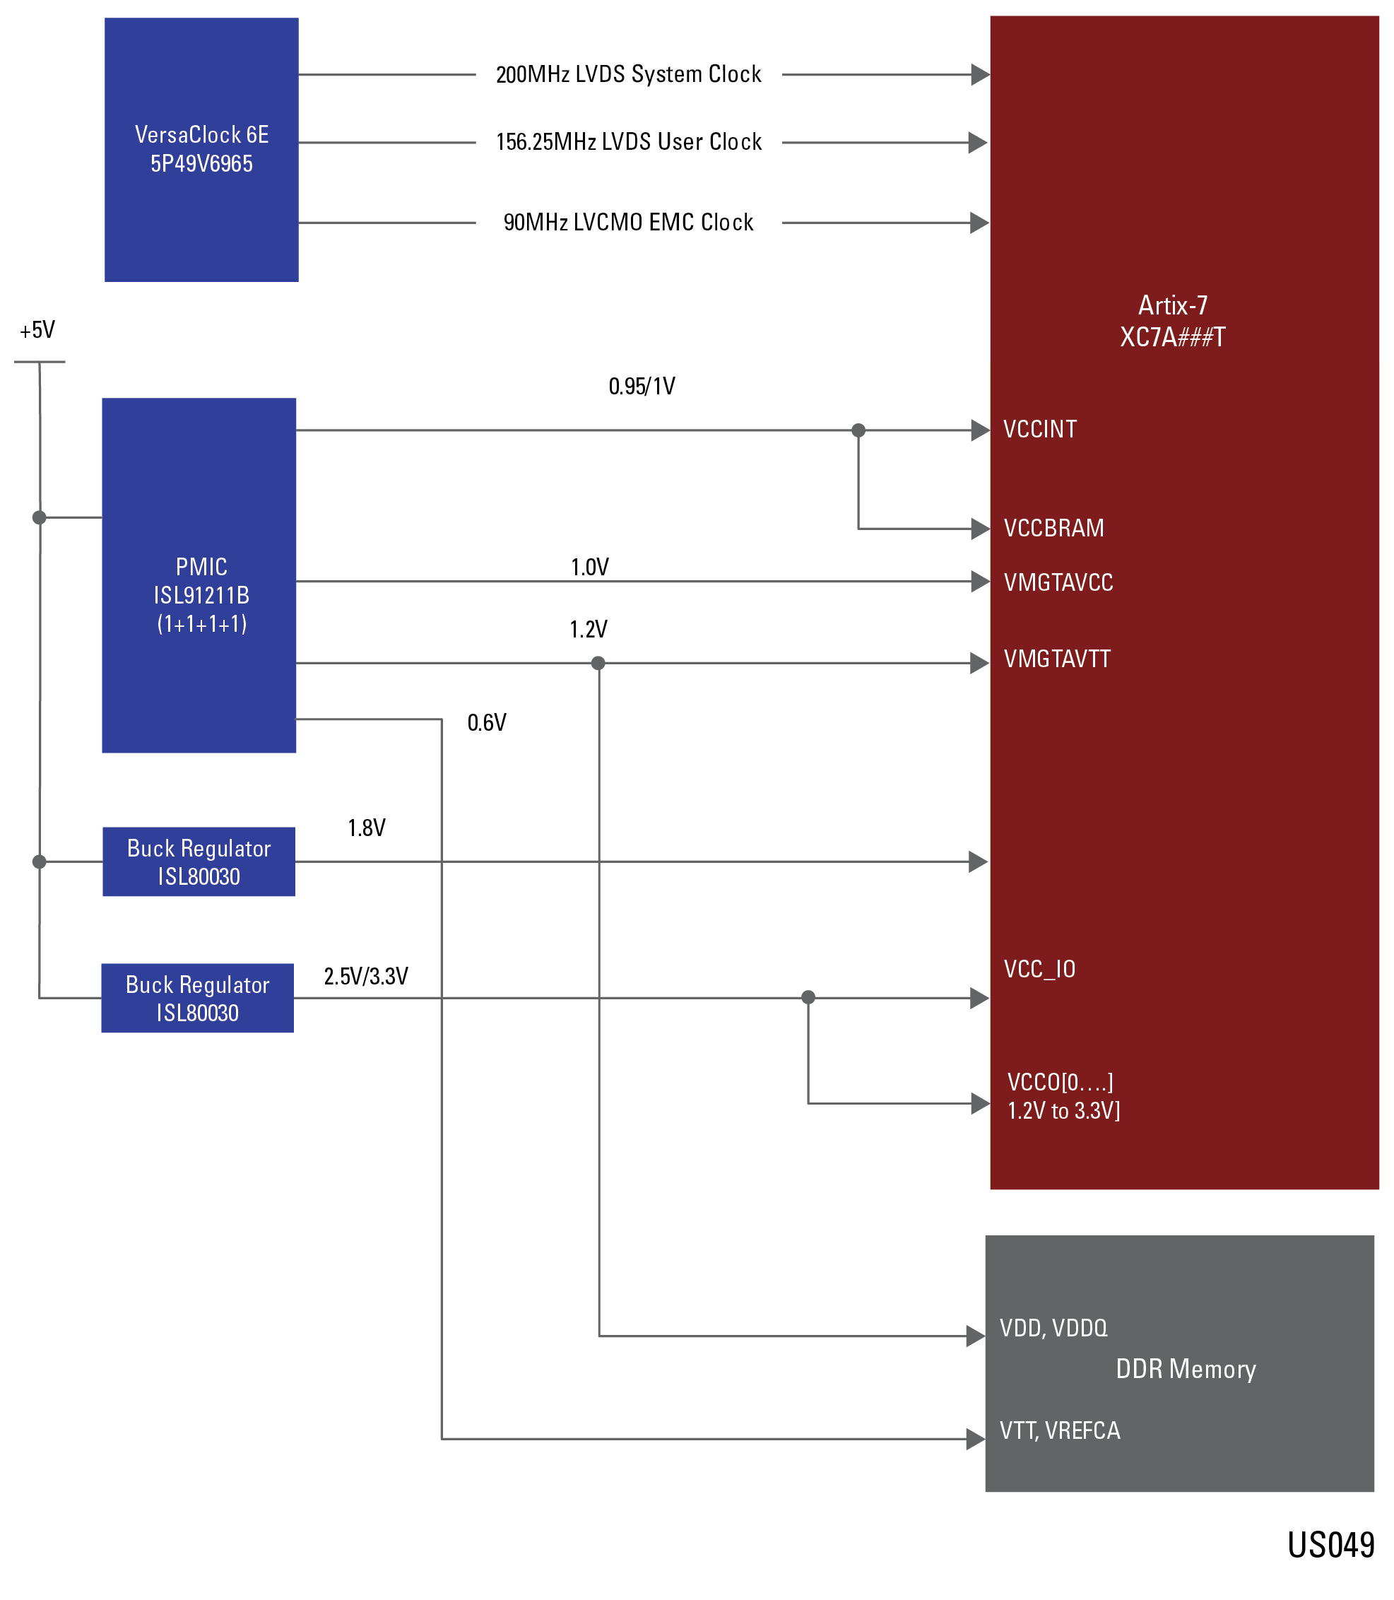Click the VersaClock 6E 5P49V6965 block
click(201, 149)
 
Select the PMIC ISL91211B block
click(199, 576)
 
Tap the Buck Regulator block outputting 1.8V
click(199, 861)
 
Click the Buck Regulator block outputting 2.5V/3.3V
click(198, 999)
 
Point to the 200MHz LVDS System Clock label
click(629, 75)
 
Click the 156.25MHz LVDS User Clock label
click(629, 143)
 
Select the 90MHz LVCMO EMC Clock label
click(629, 223)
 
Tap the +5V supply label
click(37, 330)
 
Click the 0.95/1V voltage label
click(642, 386)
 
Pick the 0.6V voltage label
click(486, 723)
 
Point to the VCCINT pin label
click(1040, 430)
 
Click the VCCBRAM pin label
click(1053, 529)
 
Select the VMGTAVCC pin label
click(1058, 582)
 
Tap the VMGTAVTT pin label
click(1056, 659)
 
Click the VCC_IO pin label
click(1039, 970)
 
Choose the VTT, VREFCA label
click(1060, 1430)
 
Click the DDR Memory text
click(1186, 1369)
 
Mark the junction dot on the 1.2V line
click(598, 663)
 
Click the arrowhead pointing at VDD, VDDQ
click(976, 1336)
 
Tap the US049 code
click(1330, 1545)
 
